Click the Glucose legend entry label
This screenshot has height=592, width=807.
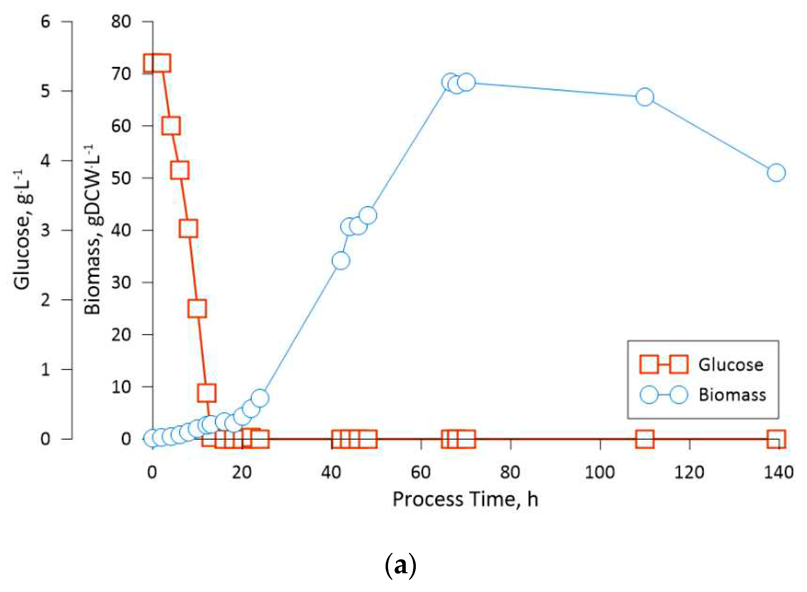[731, 365]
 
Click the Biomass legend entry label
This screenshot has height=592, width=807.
[732, 395]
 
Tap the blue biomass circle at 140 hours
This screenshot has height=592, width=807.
[776, 173]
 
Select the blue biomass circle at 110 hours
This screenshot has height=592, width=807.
[645, 97]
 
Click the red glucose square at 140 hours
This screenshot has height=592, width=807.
[776, 439]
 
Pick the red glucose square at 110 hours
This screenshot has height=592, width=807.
[645, 439]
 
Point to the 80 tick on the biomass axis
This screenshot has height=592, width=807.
[121, 22]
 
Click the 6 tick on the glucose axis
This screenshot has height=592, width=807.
[45, 22]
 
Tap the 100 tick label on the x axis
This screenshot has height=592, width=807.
[600, 472]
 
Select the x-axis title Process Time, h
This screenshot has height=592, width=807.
[465, 499]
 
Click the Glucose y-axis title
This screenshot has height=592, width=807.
[22, 229]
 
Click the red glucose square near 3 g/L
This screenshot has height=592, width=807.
[188, 228]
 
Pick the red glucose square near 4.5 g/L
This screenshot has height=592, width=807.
[171, 125]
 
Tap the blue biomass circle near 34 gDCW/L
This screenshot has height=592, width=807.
[341, 260]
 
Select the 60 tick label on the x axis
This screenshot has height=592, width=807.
[421, 472]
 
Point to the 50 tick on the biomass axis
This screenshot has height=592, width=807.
[121, 178]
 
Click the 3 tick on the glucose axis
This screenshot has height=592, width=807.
[45, 230]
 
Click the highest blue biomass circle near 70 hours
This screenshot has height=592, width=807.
[466, 82]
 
